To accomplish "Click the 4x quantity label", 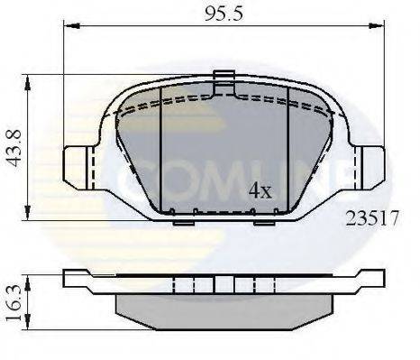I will pyautogui.click(x=260, y=191).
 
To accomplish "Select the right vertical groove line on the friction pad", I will pyautogui.click(x=286, y=144).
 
